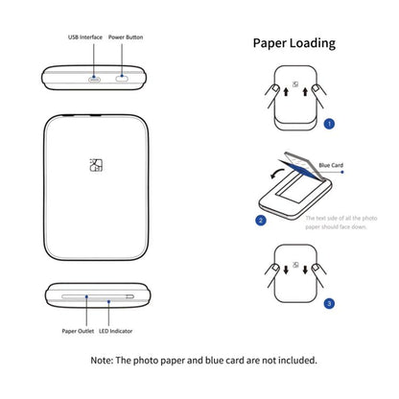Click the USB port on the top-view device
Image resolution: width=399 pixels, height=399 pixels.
[94, 78]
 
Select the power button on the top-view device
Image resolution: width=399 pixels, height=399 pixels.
[123, 78]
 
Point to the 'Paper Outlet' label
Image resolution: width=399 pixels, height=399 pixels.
[77, 332]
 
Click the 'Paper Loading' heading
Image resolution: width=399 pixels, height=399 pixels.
[293, 43]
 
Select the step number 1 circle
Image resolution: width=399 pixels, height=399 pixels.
[328, 123]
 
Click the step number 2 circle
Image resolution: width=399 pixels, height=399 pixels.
[260, 220]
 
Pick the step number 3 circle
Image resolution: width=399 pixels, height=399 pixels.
[328, 303]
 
